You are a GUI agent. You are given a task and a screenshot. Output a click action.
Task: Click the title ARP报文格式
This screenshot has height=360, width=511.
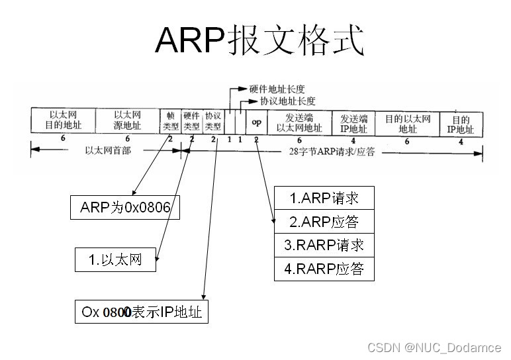coord(259,41)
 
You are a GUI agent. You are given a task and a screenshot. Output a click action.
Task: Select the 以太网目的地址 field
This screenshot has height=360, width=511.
coord(63,120)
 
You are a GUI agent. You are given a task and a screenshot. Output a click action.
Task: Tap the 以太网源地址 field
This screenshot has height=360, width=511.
coord(128,120)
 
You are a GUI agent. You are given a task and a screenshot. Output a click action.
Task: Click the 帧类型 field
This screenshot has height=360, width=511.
coord(170,120)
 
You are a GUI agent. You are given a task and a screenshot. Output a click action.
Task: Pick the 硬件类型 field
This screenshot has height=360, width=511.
coord(191,120)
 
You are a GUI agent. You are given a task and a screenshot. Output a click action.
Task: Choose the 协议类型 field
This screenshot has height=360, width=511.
coord(213,120)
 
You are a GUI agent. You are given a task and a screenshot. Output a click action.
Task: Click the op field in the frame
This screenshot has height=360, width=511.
coord(256,120)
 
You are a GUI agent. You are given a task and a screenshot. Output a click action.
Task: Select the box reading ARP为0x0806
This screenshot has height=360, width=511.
coord(125,208)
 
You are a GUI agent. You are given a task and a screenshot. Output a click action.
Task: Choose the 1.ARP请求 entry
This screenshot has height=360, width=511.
coord(324,197)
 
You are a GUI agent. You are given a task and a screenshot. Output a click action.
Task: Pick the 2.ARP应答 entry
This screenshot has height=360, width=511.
coord(324,221)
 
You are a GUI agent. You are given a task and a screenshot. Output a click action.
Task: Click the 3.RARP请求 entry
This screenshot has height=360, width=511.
coord(324,245)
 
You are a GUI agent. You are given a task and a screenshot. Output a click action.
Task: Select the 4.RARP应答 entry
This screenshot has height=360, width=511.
coord(324,269)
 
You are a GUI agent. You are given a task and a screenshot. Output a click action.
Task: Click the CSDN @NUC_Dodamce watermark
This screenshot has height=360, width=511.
coord(434,347)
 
